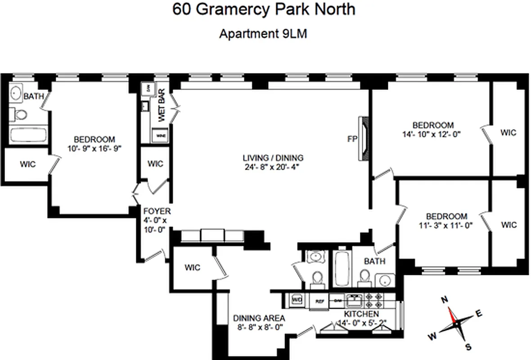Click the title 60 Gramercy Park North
point(264,9)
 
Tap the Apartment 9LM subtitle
point(263,34)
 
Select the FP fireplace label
point(352,139)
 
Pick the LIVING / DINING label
point(273,158)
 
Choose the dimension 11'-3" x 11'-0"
point(444,226)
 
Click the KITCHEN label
point(361,314)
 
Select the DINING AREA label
point(259,318)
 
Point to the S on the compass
point(468,346)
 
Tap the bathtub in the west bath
point(28,135)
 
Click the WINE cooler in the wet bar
point(160,135)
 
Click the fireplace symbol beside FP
point(363,139)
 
